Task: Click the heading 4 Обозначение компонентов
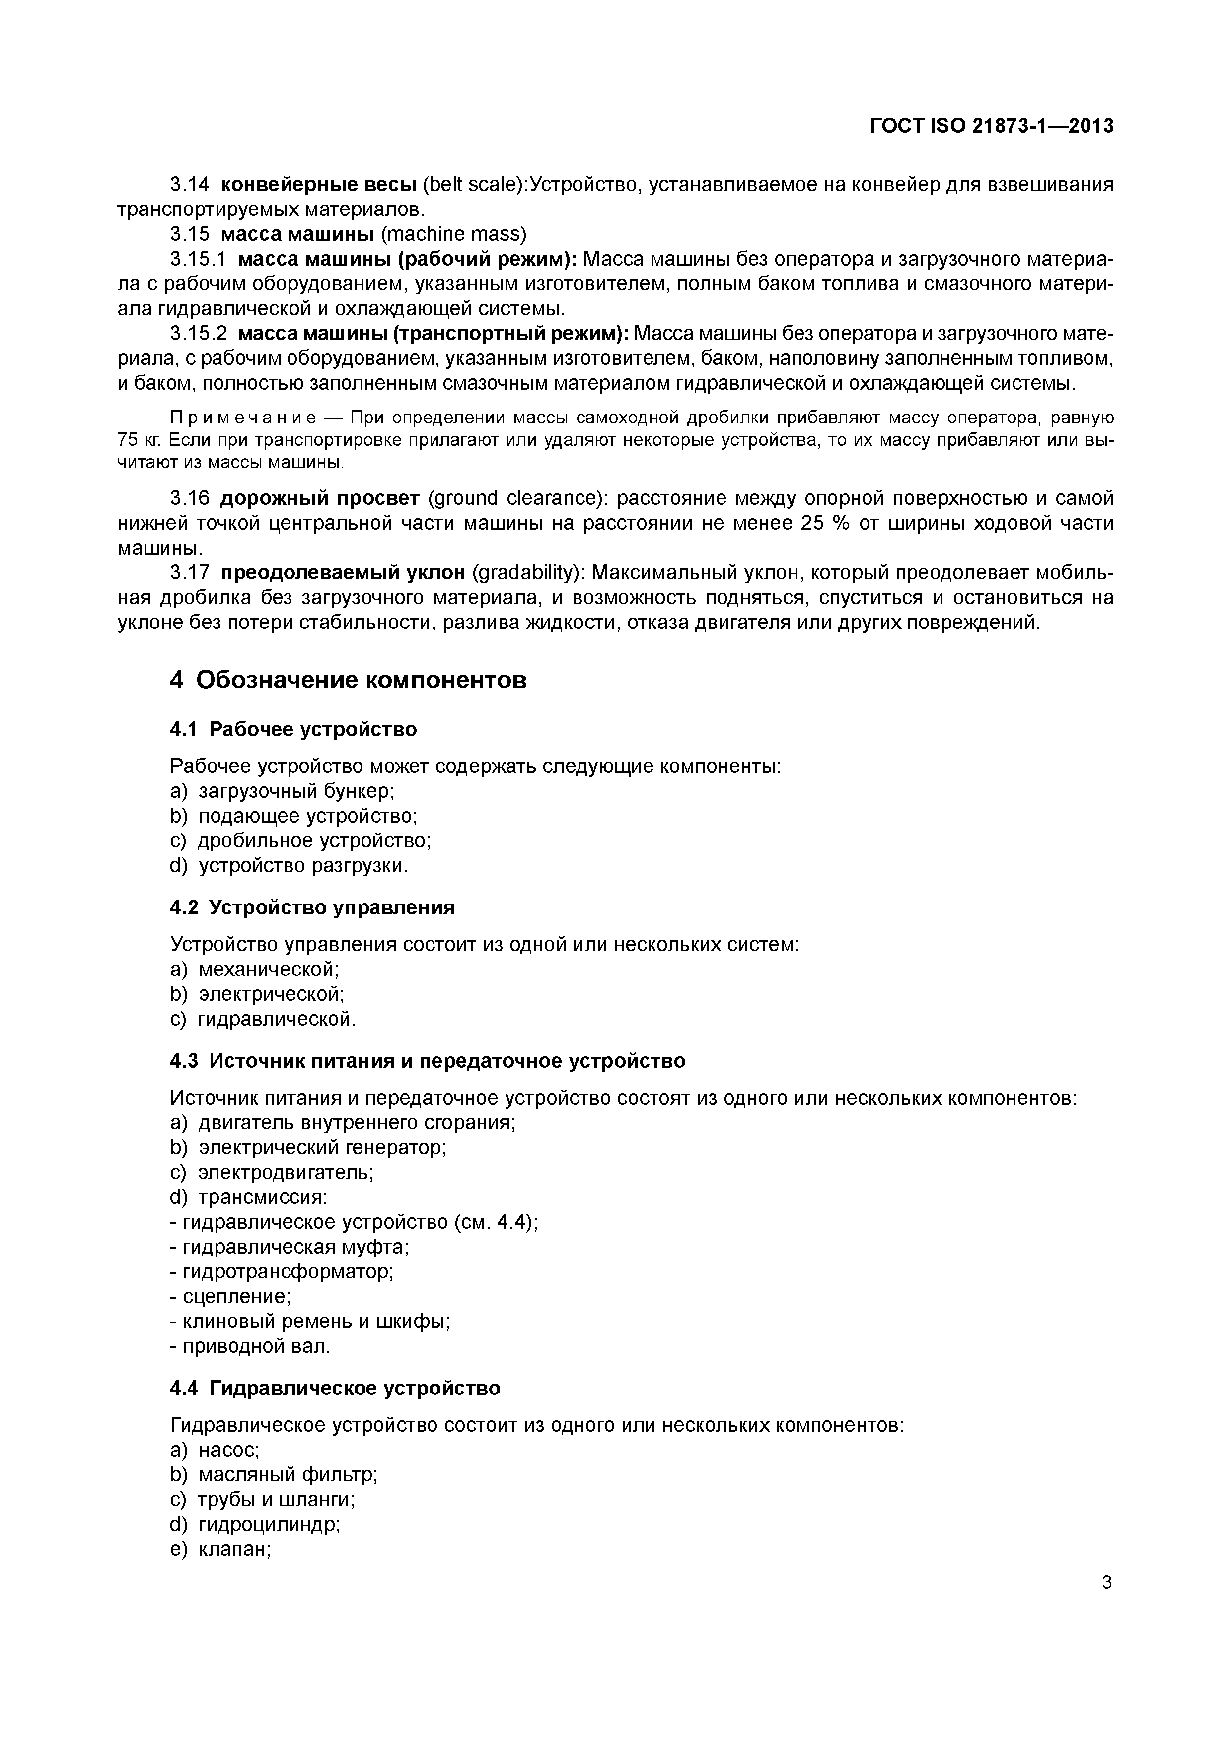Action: [348, 680]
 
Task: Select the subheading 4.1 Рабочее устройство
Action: [293, 729]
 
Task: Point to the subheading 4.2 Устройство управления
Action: [312, 907]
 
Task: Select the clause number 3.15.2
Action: [199, 334]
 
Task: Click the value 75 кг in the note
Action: [134, 440]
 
